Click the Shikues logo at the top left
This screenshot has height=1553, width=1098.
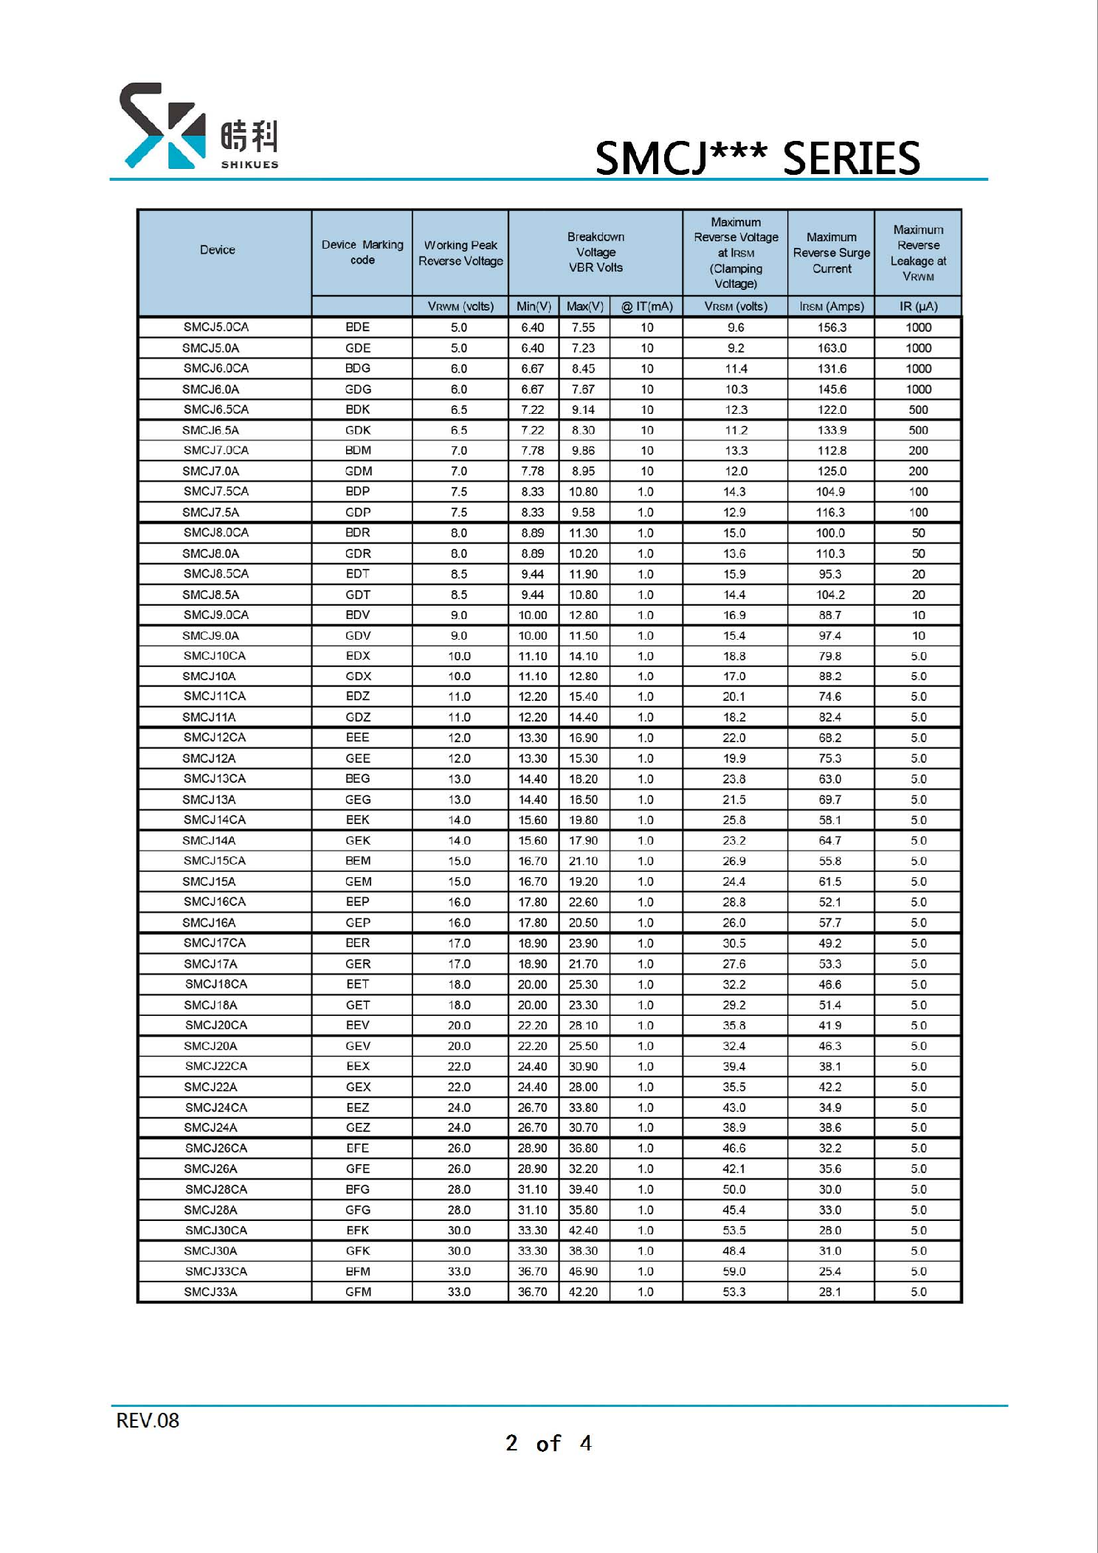[198, 127]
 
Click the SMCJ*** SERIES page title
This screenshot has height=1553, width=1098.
[757, 158]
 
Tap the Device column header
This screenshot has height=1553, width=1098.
[218, 250]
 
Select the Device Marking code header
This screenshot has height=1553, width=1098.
[362, 252]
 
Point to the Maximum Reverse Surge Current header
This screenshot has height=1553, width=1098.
[831, 253]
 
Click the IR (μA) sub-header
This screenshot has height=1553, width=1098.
[918, 306]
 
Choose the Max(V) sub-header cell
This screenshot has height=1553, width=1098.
[584, 306]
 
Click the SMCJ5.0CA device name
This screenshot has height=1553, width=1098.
[216, 327]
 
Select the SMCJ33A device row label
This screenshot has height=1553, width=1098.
[210, 1292]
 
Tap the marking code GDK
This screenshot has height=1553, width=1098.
[358, 430]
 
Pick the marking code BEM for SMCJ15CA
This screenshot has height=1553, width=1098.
[358, 861]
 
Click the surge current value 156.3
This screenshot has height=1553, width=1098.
[832, 328]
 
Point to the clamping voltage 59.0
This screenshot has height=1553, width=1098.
[734, 1271]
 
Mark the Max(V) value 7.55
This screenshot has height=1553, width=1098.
[583, 328]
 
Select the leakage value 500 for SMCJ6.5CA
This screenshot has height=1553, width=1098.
[918, 409]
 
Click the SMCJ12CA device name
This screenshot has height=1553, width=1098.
[215, 737]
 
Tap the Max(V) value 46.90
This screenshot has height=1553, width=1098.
[583, 1271]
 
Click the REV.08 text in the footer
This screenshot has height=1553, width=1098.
[148, 1420]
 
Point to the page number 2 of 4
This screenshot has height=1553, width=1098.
[548, 1443]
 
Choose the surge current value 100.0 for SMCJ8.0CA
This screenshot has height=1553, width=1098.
[830, 533]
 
